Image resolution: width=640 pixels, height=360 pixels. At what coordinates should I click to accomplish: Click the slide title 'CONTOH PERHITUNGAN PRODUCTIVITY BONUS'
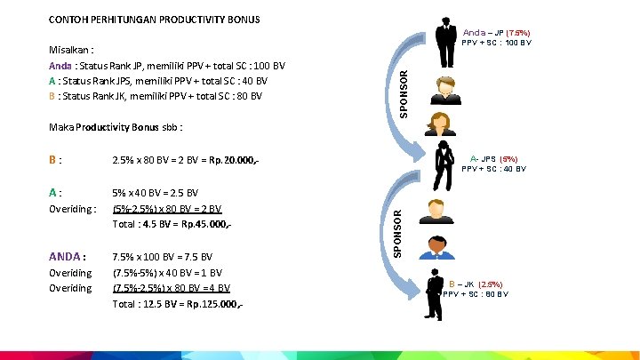[154, 19]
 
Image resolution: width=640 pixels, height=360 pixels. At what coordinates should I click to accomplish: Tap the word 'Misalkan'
[72, 51]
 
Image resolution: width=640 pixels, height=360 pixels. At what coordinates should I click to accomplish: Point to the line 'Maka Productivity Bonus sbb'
[116, 126]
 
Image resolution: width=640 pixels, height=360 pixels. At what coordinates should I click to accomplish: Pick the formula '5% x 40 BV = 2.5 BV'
[156, 192]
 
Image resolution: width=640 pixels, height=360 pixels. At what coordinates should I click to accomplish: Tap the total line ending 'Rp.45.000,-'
[172, 223]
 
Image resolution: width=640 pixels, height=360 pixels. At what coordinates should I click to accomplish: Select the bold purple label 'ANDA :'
[68, 258]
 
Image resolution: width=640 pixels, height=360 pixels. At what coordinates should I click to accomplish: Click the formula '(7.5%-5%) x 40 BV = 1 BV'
[167, 272]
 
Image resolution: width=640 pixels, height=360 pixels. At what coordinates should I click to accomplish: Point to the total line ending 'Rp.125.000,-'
[178, 304]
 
